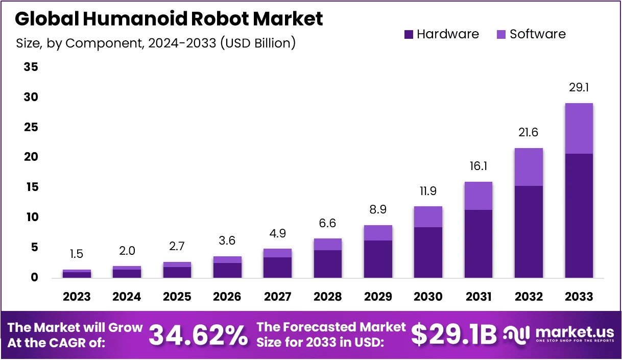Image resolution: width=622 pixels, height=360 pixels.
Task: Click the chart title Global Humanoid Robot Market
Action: point(169,19)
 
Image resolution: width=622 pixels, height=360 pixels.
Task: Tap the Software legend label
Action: point(538,35)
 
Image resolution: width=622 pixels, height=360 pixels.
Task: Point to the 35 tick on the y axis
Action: point(31,67)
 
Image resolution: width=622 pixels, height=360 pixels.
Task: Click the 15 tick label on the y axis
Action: point(31,187)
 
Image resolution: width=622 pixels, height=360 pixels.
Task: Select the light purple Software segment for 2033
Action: point(579,128)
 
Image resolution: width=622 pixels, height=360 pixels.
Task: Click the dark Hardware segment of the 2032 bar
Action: point(529,231)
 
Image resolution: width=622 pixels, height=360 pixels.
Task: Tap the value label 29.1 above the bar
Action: point(579,88)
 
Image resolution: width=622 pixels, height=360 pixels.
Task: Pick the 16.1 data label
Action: point(479,166)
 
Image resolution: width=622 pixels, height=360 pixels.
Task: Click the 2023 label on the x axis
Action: point(77,297)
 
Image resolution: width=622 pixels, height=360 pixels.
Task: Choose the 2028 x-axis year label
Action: point(327,297)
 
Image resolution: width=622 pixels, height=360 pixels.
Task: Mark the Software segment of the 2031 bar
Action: point(479,196)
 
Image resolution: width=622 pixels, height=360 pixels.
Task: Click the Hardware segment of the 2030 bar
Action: point(428,252)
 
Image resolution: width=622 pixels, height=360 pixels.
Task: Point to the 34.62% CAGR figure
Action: point(198,335)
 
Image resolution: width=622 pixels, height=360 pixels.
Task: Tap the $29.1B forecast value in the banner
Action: point(453,335)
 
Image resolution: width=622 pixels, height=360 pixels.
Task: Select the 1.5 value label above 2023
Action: point(77,254)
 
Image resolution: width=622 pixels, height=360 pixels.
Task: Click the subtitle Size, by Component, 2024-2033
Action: point(156,43)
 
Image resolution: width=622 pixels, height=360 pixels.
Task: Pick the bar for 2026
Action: point(227,267)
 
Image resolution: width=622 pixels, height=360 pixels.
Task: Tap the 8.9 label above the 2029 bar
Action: point(378,209)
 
